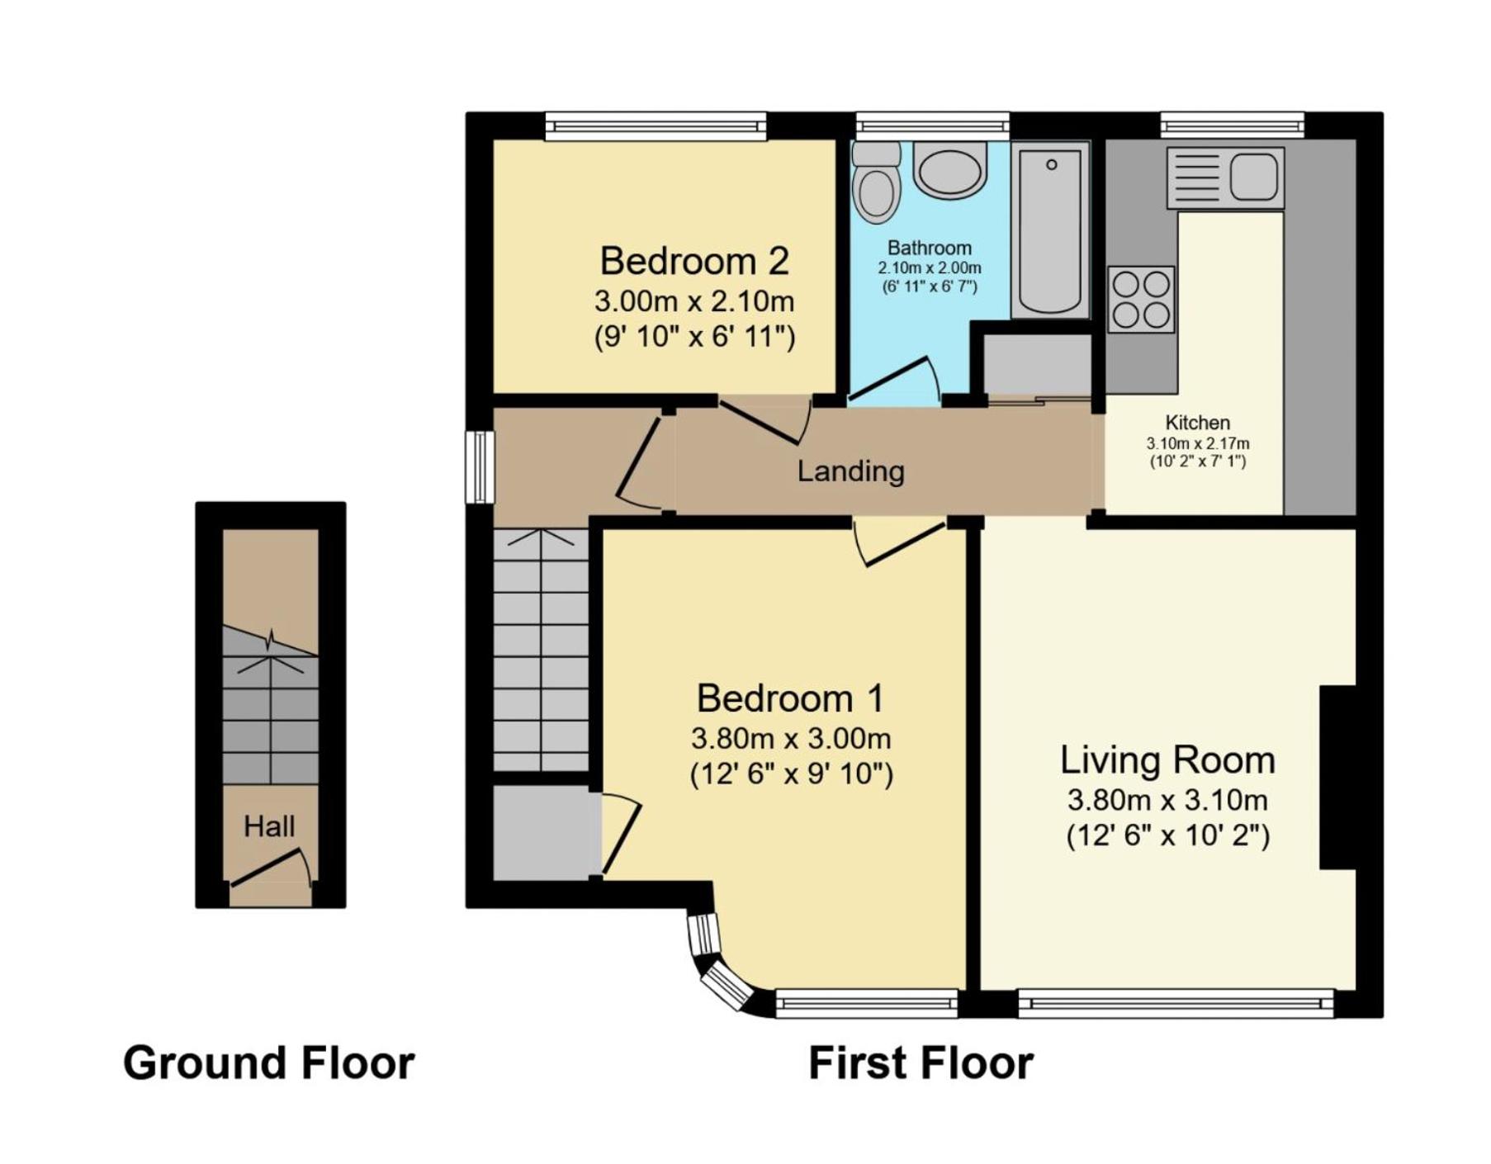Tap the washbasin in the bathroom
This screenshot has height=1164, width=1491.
(x=950, y=169)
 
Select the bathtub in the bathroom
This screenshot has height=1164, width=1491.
(x=1050, y=230)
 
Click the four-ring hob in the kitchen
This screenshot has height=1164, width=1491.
(x=1141, y=299)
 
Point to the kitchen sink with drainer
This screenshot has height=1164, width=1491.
(x=1225, y=177)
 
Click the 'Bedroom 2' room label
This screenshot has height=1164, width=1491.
(x=694, y=261)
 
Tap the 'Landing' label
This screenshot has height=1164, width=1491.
(x=850, y=471)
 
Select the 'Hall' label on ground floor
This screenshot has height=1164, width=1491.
(x=269, y=826)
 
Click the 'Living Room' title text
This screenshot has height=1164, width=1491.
(x=1167, y=759)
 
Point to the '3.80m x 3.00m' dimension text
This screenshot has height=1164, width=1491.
(x=791, y=738)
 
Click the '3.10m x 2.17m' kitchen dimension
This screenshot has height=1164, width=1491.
(x=1198, y=443)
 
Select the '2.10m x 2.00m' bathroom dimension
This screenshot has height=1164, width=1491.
(x=930, y=268)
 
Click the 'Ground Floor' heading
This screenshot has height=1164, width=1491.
(x=269, y=1062)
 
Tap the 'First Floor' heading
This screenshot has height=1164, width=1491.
(x=921, y=1062)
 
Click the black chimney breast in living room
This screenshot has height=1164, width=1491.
(x=1337, y=777)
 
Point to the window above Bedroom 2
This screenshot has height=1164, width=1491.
(x=656, y=126)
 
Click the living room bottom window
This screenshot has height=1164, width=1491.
(x=1176, y=1003)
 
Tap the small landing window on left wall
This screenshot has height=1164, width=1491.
(x=479, y=466)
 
